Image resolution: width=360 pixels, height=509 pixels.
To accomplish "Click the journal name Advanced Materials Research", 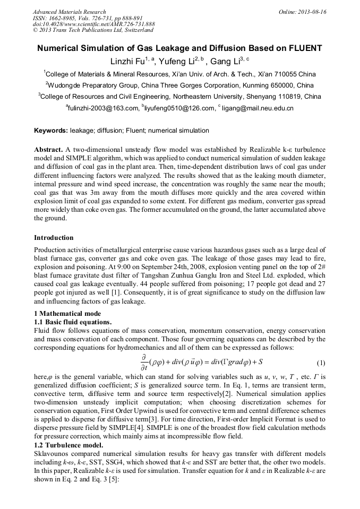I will click(69, 12).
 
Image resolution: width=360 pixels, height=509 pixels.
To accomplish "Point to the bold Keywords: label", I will click(51, 131).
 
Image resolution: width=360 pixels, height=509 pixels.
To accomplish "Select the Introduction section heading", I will click(54, 237).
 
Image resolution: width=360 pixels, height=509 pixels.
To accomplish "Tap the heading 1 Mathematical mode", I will click(67, 314).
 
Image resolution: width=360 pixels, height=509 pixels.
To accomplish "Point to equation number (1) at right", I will click(321, 363).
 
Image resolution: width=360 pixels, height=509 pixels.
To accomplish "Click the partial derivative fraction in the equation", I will click(143, 363).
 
